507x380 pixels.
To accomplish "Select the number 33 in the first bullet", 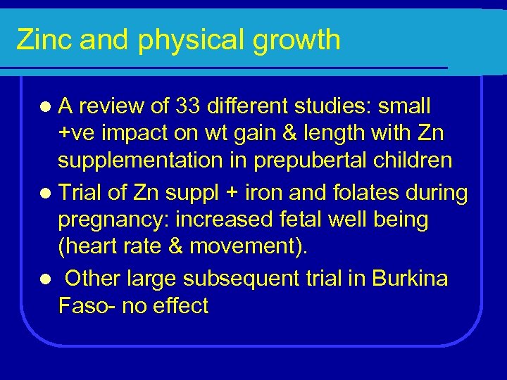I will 210,107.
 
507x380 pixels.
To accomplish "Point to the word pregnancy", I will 113,220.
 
